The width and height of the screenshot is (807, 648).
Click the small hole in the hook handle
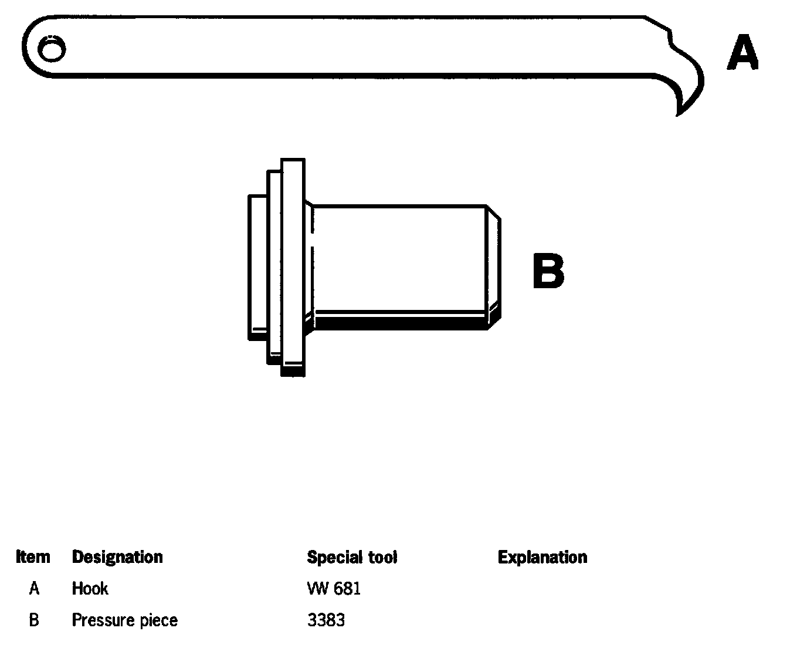(51, 49)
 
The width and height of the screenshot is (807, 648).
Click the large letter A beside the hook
(742, 53)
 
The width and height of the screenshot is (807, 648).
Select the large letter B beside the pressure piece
(548, 271)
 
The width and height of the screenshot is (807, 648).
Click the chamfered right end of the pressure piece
(494, 264)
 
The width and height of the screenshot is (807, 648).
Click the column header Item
(33, 557)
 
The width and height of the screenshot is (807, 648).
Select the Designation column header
(117, 557)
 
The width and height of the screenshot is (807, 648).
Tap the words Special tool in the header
(352, 557)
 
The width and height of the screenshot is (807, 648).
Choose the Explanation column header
(542, 557)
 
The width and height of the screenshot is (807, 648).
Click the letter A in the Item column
(34, 588)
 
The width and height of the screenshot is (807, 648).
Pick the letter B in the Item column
(34, 620)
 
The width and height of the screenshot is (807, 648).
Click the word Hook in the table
(90, 588)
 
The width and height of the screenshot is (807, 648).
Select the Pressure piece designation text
(124, 620)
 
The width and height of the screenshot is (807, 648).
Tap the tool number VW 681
(334, 588)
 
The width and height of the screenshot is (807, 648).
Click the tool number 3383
(326, 620)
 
